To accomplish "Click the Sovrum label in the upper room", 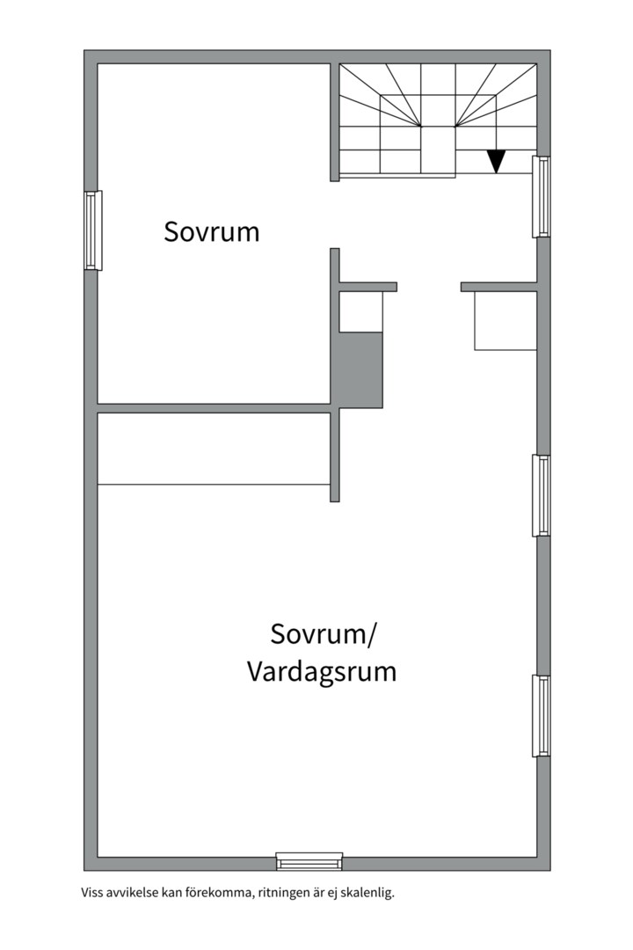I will pos(212,232).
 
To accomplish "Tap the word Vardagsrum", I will pos(321,672).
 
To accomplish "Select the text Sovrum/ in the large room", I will pos(323,633).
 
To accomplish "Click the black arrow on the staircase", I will pos(496,161).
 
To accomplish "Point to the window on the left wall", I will pos(93,230).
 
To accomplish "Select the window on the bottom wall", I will pos(309,860).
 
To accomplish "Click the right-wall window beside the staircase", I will pos(541,197).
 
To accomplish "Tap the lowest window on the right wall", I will pos(541,716).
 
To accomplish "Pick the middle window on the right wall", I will pos(541,495).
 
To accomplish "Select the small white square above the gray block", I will pos(360,312).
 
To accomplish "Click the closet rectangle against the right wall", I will pos(506,321).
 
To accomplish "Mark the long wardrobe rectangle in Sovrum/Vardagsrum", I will pos(213,449).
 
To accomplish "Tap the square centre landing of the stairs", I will pos(438,150).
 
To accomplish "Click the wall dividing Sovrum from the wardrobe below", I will pos(213,408).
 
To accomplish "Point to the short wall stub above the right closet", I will pos(498,287).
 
